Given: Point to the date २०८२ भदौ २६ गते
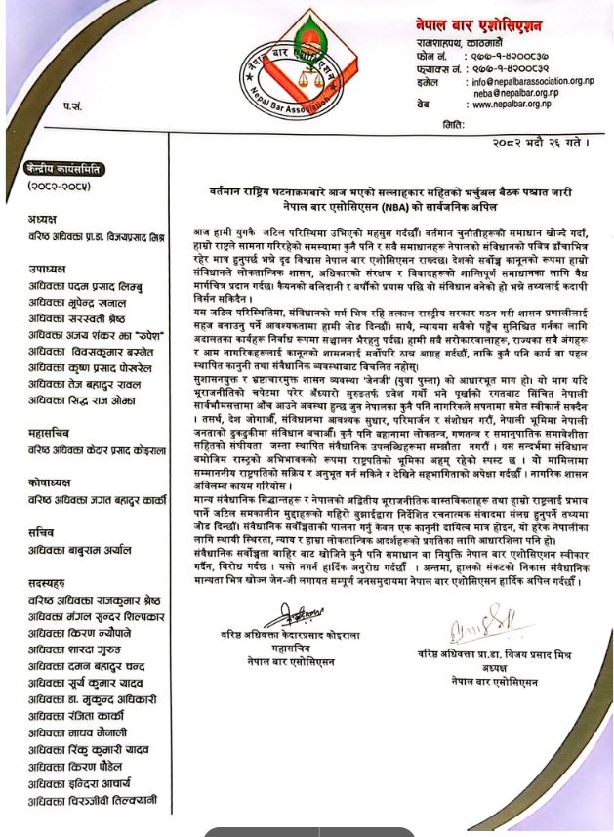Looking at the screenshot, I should (x=543, y=143).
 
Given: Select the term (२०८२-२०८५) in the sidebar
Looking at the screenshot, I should (x=61, y=187).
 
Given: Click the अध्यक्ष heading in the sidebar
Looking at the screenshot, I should (x=43, y=219).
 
